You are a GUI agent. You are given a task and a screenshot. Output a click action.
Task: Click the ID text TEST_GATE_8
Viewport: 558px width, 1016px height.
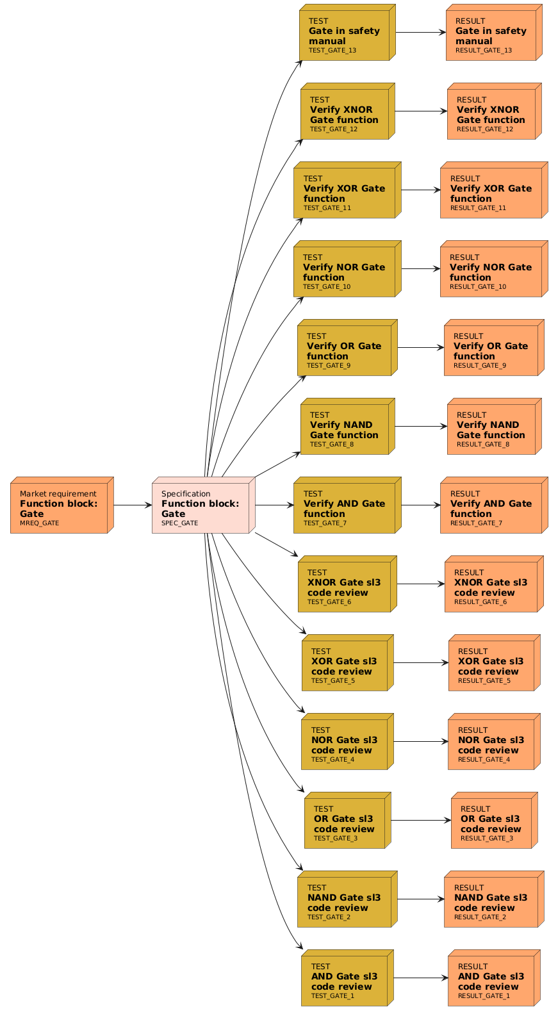[331, 444]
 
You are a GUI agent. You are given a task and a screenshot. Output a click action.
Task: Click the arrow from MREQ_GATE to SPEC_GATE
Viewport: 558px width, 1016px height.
[133, 505]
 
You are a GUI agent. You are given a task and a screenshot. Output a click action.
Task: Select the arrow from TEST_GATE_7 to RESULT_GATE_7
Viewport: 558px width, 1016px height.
[420, 505]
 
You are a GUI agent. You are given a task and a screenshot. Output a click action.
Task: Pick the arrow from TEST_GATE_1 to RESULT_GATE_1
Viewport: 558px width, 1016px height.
[420, 978]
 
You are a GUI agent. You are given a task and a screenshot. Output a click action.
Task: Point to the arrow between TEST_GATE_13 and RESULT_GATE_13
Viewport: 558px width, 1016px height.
[420, 32]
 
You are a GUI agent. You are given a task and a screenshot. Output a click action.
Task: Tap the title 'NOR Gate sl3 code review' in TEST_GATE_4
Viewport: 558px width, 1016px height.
[344, 745]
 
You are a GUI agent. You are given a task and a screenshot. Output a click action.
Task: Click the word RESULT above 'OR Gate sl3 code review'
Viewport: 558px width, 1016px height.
[475, 809]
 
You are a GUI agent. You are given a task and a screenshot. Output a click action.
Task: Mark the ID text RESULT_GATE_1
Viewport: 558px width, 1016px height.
[484, 996]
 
